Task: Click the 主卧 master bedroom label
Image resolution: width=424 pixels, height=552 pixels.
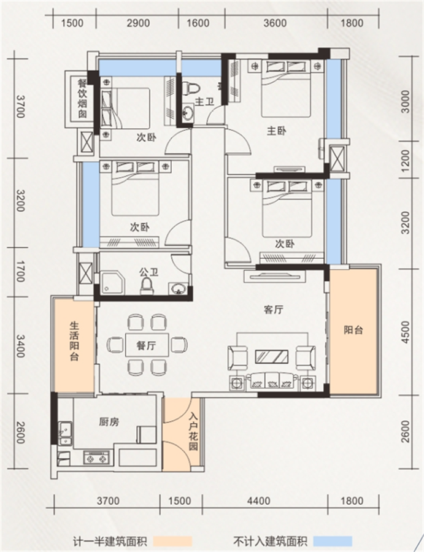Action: click(x=276, y=131)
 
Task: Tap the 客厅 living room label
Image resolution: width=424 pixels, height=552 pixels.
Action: click(x=273, y=310)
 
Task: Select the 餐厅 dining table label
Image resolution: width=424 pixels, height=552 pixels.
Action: click(x=146, y=345)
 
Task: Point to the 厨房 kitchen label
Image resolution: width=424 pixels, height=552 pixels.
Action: click(x=109, y=422)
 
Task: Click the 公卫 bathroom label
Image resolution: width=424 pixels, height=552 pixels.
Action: click(x=148, y=272)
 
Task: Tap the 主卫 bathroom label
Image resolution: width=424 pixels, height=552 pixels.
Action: click(x=204, y=102)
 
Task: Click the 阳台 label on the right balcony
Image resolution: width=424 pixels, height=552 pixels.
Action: click(x=353, y=330)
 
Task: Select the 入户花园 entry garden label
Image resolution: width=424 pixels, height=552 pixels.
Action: click(x=193, y=432)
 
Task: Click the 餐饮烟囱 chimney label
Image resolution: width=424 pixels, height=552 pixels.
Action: click(x=82, y=99)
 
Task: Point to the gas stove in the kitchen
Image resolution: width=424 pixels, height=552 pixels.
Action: click(x=96, y=458)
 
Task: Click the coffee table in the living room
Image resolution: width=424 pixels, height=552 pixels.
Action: click(x=272, y=356)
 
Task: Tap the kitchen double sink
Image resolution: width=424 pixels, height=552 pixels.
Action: click(x=65, y=434)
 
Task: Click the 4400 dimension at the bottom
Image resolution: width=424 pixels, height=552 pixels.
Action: click(x=259, y=500)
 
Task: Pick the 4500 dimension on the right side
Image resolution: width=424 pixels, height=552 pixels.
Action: click(x=406, y=332)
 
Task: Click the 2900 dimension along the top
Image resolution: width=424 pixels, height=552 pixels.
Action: click(x=138, y=23)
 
